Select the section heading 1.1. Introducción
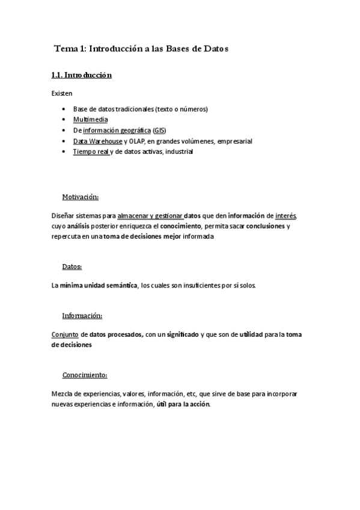[81, 75]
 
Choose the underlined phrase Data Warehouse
[97, 141]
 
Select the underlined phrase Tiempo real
[91, 152]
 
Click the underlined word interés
[285, 215]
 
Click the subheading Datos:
[72, 266]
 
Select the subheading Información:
[82, 316]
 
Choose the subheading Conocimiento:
[84, 375]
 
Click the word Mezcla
[63, 393]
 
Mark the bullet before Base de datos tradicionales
[64, 109]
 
